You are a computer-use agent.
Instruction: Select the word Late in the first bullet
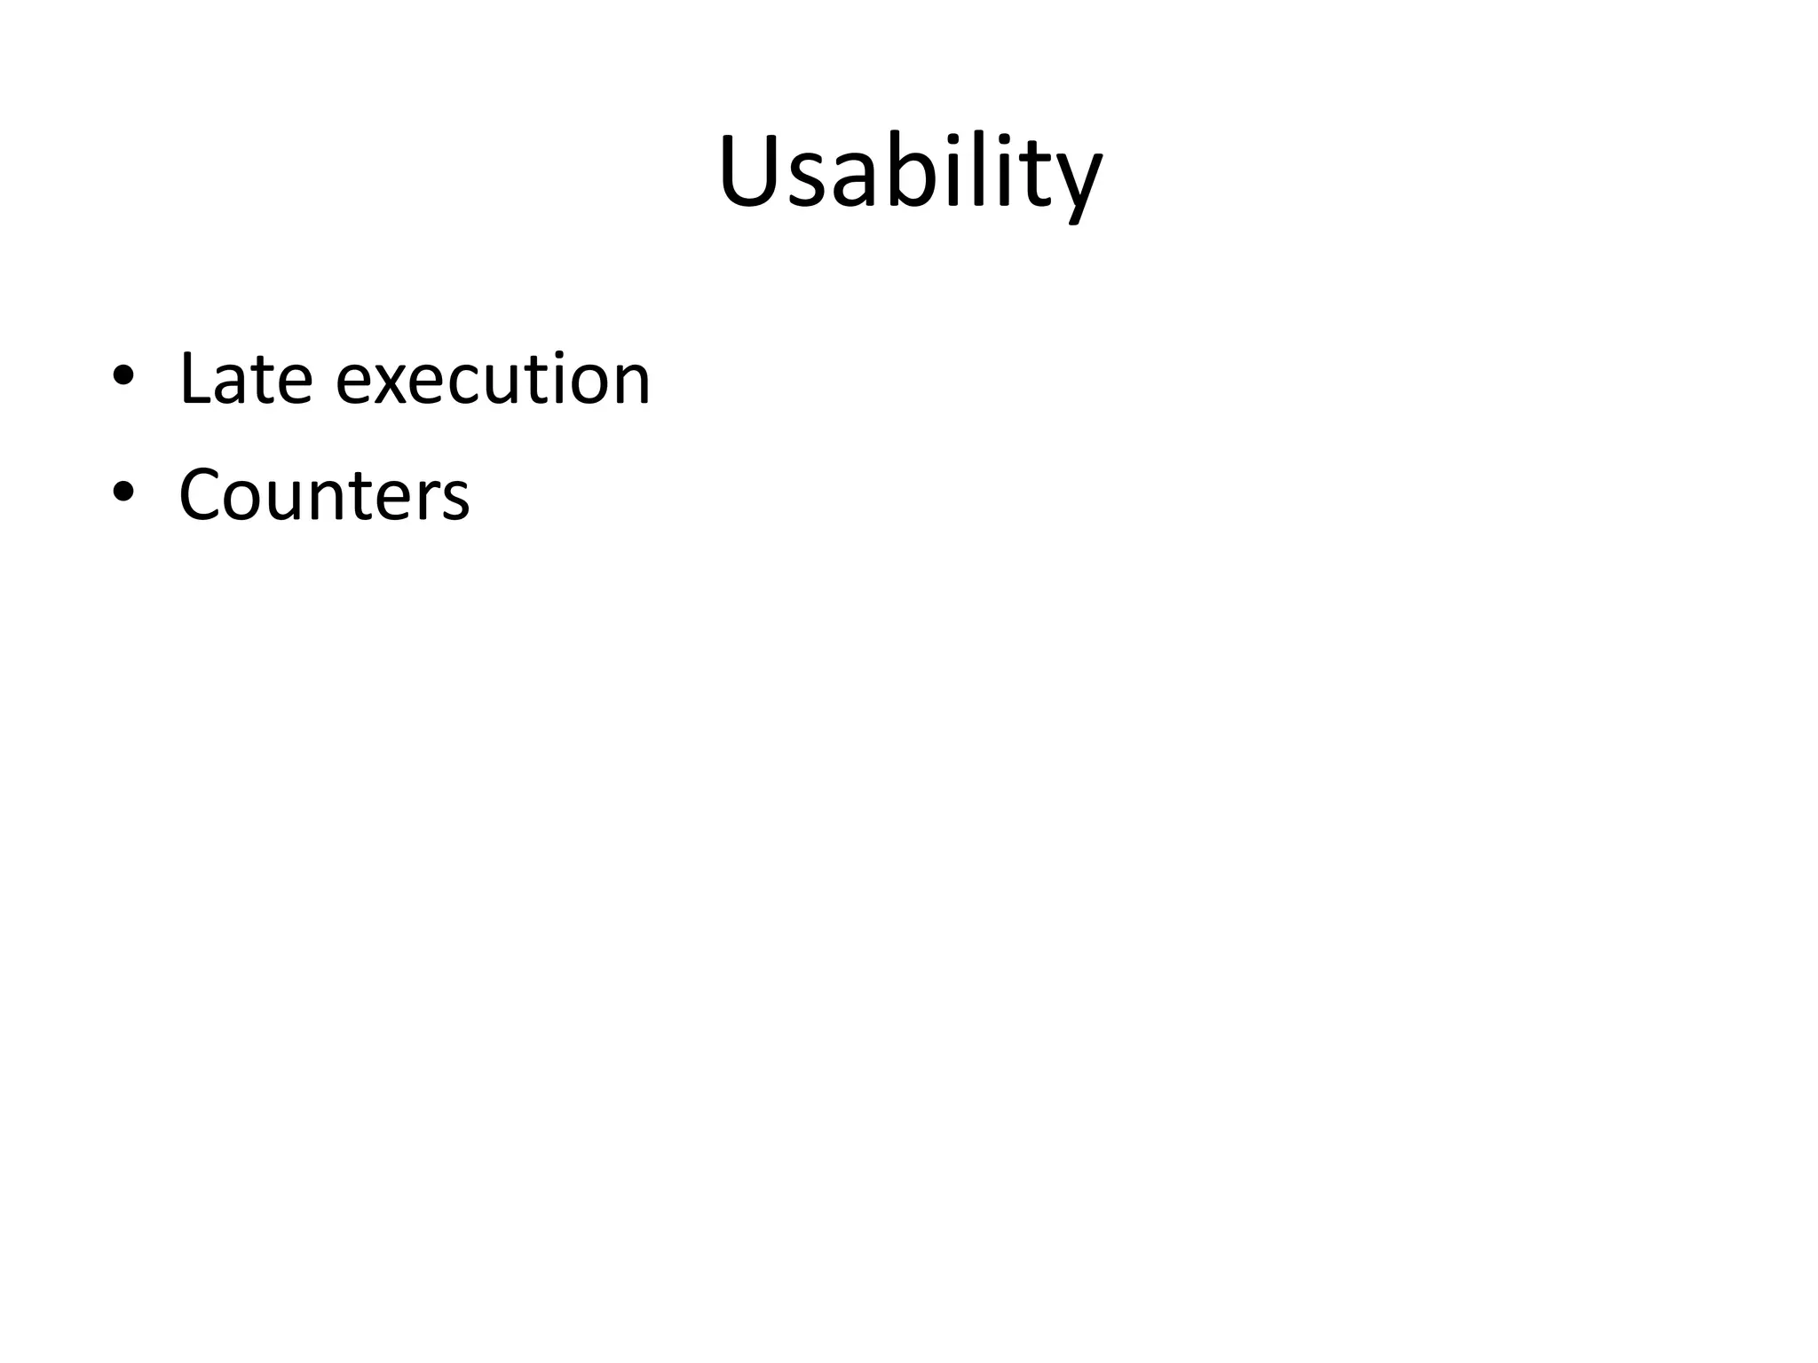(246, 379)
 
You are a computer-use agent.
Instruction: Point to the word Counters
(324, 495)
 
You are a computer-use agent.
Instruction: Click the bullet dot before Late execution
(123, 378)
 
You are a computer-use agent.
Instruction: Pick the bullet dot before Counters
(123, 493)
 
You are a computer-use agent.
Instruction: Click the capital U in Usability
(752, 171)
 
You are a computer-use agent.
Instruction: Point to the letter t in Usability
(1029, 176)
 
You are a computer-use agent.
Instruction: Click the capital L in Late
(196, 379)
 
